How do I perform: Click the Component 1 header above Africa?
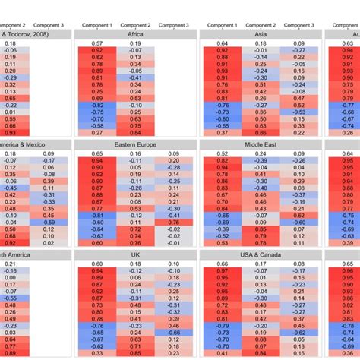(x=96, y=25)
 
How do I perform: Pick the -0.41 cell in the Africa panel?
(x=134, y=77)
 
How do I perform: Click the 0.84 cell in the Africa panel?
(x=134, y=133)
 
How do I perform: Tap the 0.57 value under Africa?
(x=97, y=44)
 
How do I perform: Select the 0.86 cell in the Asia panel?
(x=259, y=133)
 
